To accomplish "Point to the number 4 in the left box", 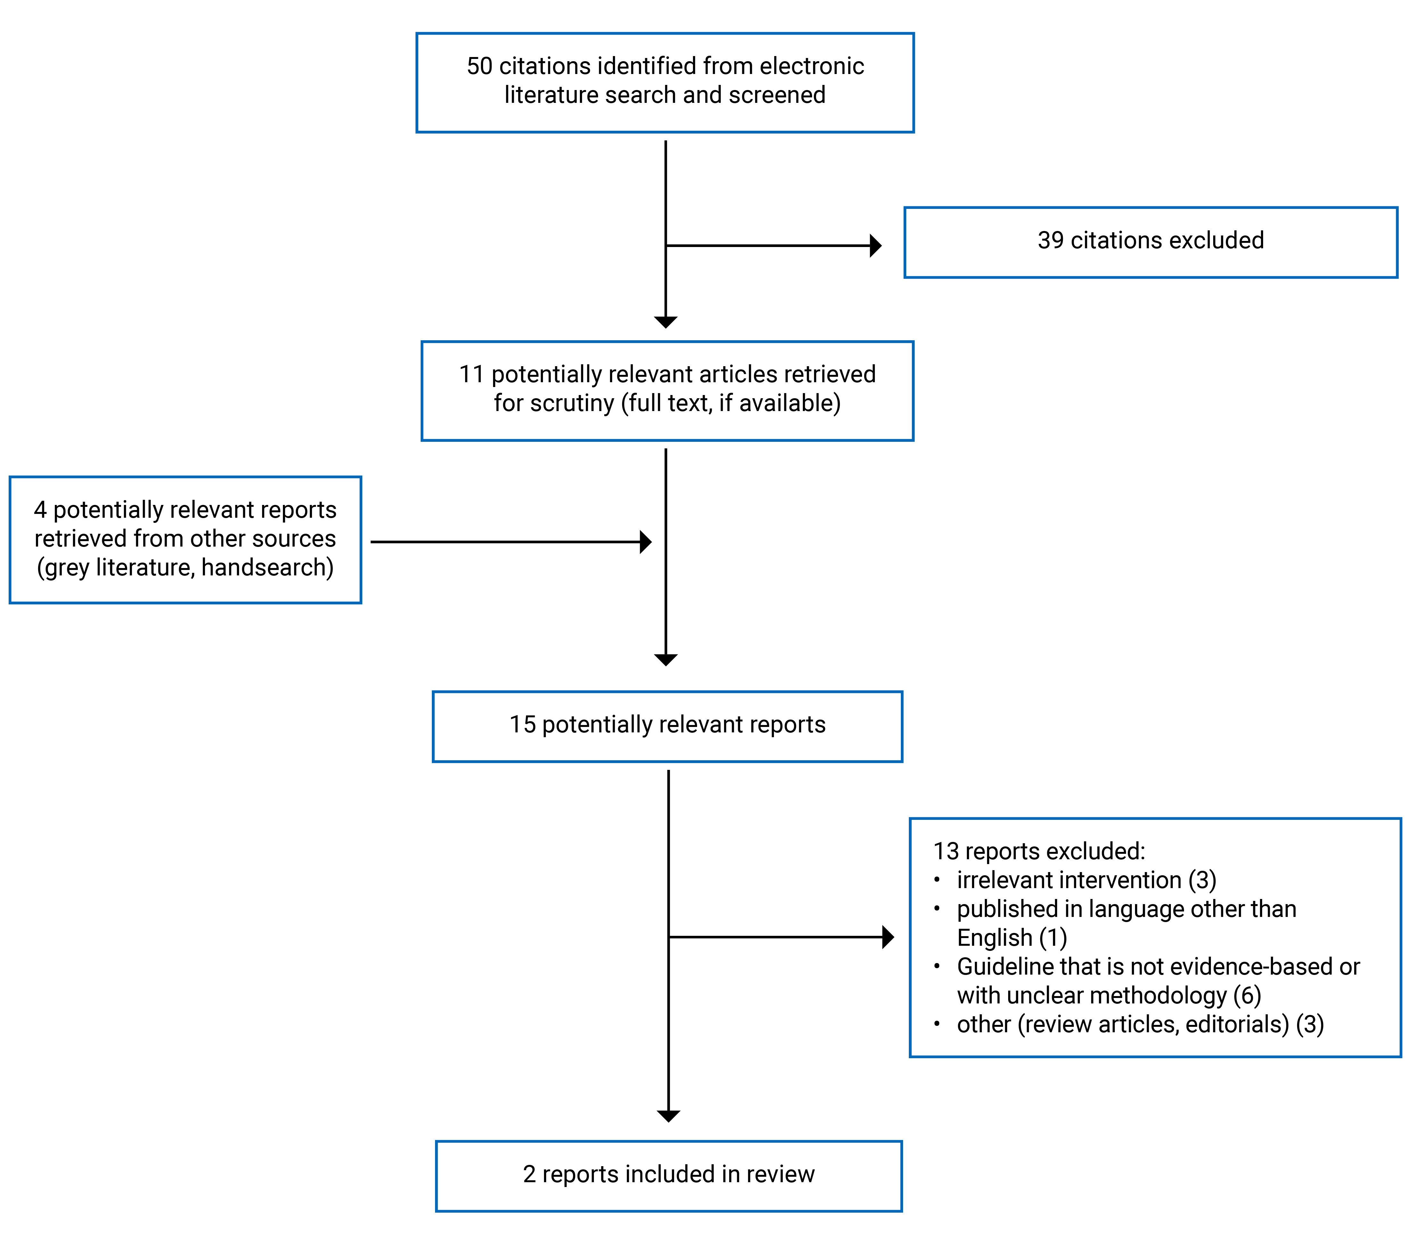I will [x=40, y=510].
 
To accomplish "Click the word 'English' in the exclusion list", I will [x=994, y=938].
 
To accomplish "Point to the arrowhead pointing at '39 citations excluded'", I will [x=876, y=246].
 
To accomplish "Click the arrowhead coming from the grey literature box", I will [x=646, y=542].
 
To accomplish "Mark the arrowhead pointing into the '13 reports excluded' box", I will [x=888, y=937].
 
